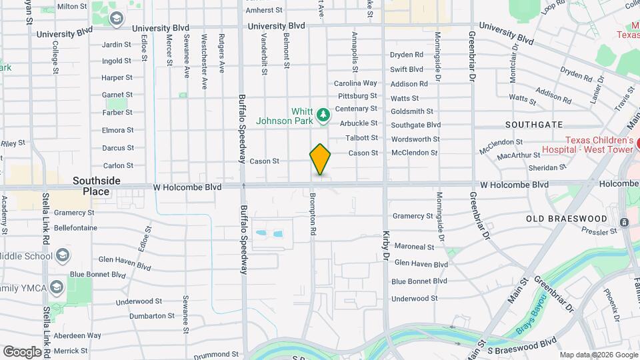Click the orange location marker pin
click(x=321, y=159)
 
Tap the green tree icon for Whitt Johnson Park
click(x=324, y=116)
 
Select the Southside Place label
click(x=97, y=186)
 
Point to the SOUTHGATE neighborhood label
click(x=534, y=125)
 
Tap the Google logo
click(x=22, y=351)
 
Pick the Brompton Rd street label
click(x=312, y=214)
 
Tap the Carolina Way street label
click(x=355, y=83)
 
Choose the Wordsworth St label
click(x=415, y=139)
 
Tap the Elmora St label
click(x=117, y=130)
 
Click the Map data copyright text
click(x=598, y=355)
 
